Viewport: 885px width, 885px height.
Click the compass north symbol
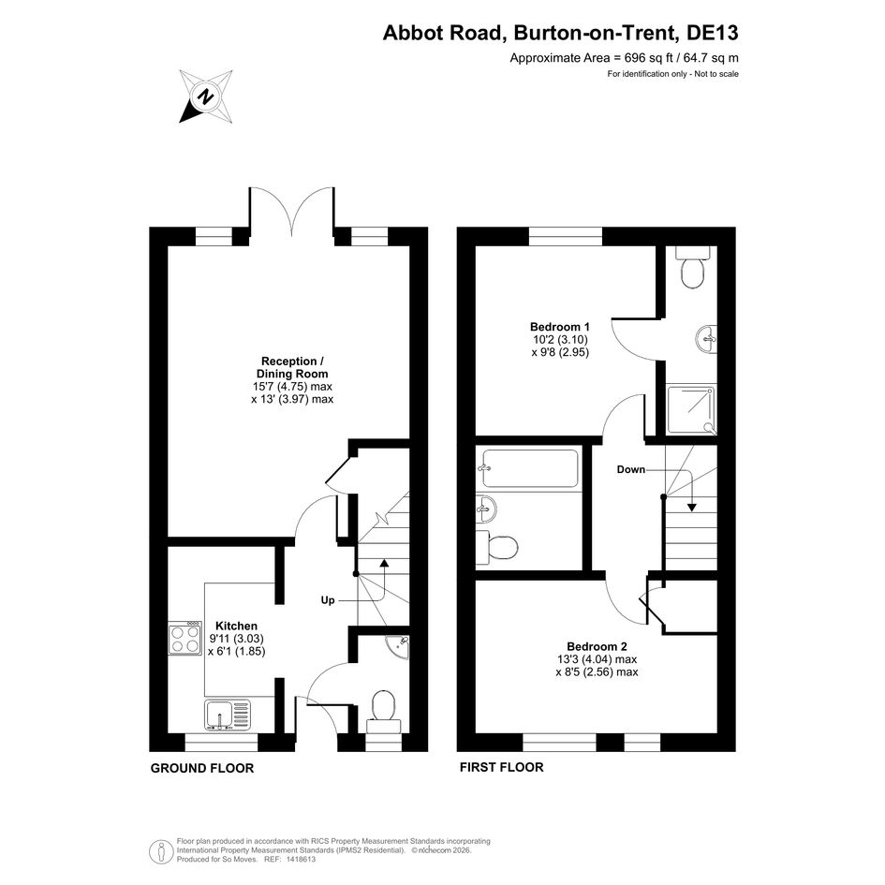coord(206,96)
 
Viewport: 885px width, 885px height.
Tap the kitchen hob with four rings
coord(185,639)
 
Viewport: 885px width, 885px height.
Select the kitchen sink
coord(228,715)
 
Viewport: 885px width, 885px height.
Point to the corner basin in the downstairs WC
coord(400,646)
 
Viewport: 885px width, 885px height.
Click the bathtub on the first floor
coord(529,468)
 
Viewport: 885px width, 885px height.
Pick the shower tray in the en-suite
coord(691,410)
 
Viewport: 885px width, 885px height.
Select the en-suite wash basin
coord(705,339)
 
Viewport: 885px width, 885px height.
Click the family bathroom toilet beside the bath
coord(496,547)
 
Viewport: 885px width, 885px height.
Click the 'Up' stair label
coord(328,600)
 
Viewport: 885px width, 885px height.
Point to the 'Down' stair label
coord(630,469)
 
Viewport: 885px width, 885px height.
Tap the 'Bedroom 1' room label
coord(559,327)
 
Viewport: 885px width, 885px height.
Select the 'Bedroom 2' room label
coord(597,647)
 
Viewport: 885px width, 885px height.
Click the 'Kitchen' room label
coord(237,626)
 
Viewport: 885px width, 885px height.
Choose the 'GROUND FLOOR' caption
coord(202,768)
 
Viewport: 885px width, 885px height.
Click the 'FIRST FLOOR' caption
coord(501,767)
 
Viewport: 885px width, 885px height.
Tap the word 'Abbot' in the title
coord(414,33)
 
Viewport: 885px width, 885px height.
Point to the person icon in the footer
coord(161,851)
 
